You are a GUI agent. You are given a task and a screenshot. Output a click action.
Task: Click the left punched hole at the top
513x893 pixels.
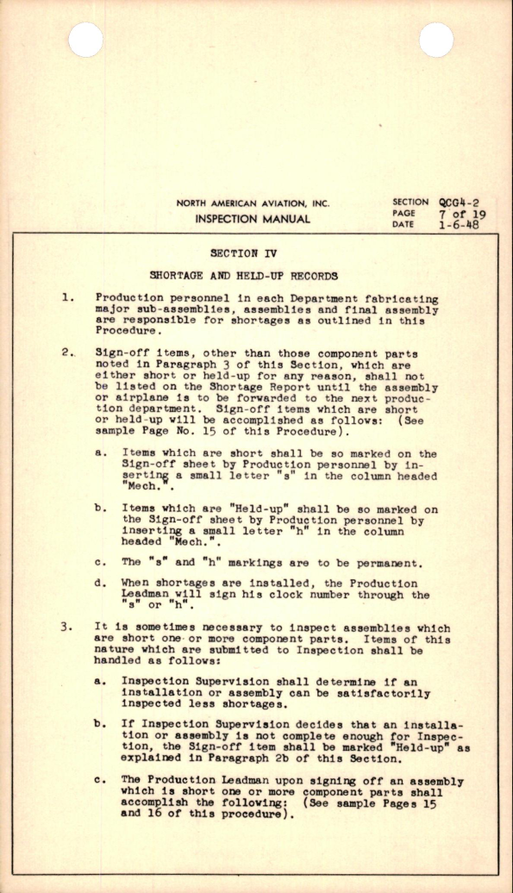tap(85, 40)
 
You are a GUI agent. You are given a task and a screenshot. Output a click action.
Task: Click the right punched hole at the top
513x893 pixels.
tap(436, 40)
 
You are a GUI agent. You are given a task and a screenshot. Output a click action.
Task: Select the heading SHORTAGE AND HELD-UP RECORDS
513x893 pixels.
tap(243, 276)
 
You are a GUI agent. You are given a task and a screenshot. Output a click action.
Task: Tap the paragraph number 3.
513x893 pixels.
tap(67, 628)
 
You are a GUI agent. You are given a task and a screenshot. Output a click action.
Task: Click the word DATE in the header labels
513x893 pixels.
tap(403, 225)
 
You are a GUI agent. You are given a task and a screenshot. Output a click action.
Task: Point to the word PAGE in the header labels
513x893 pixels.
tap(403, 214)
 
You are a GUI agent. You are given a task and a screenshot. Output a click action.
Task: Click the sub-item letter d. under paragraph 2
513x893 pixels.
tap(101, 584)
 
